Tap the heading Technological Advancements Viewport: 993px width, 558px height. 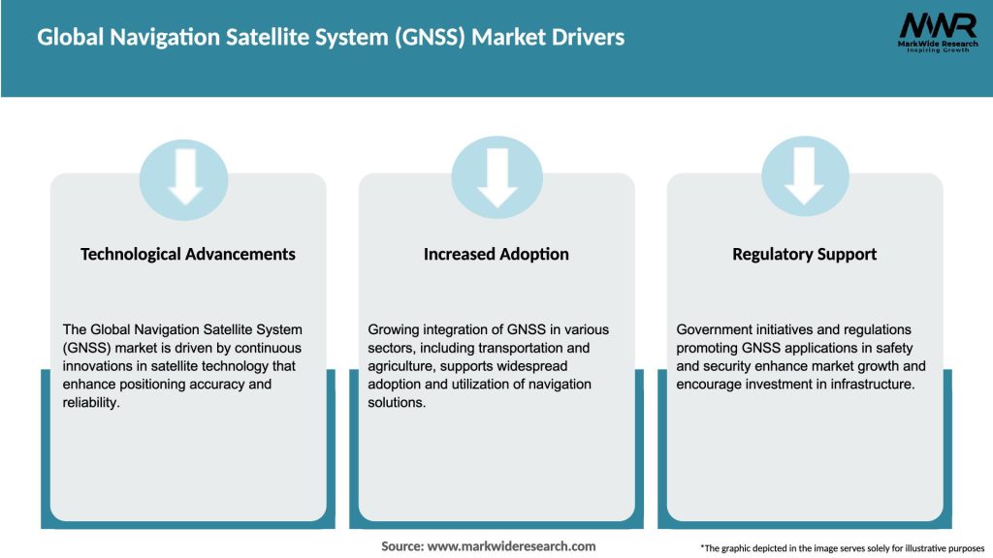coord(188,254)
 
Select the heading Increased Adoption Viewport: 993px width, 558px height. coord(496,254)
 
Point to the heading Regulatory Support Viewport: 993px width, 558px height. coord(805,254)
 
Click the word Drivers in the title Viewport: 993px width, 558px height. coord(586,38)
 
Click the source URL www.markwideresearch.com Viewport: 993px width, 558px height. coord(511,546)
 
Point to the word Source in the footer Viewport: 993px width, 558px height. coord(400,546)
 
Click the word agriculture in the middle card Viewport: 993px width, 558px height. coord(402,366)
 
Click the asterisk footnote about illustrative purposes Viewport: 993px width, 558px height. coord(842,548)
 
